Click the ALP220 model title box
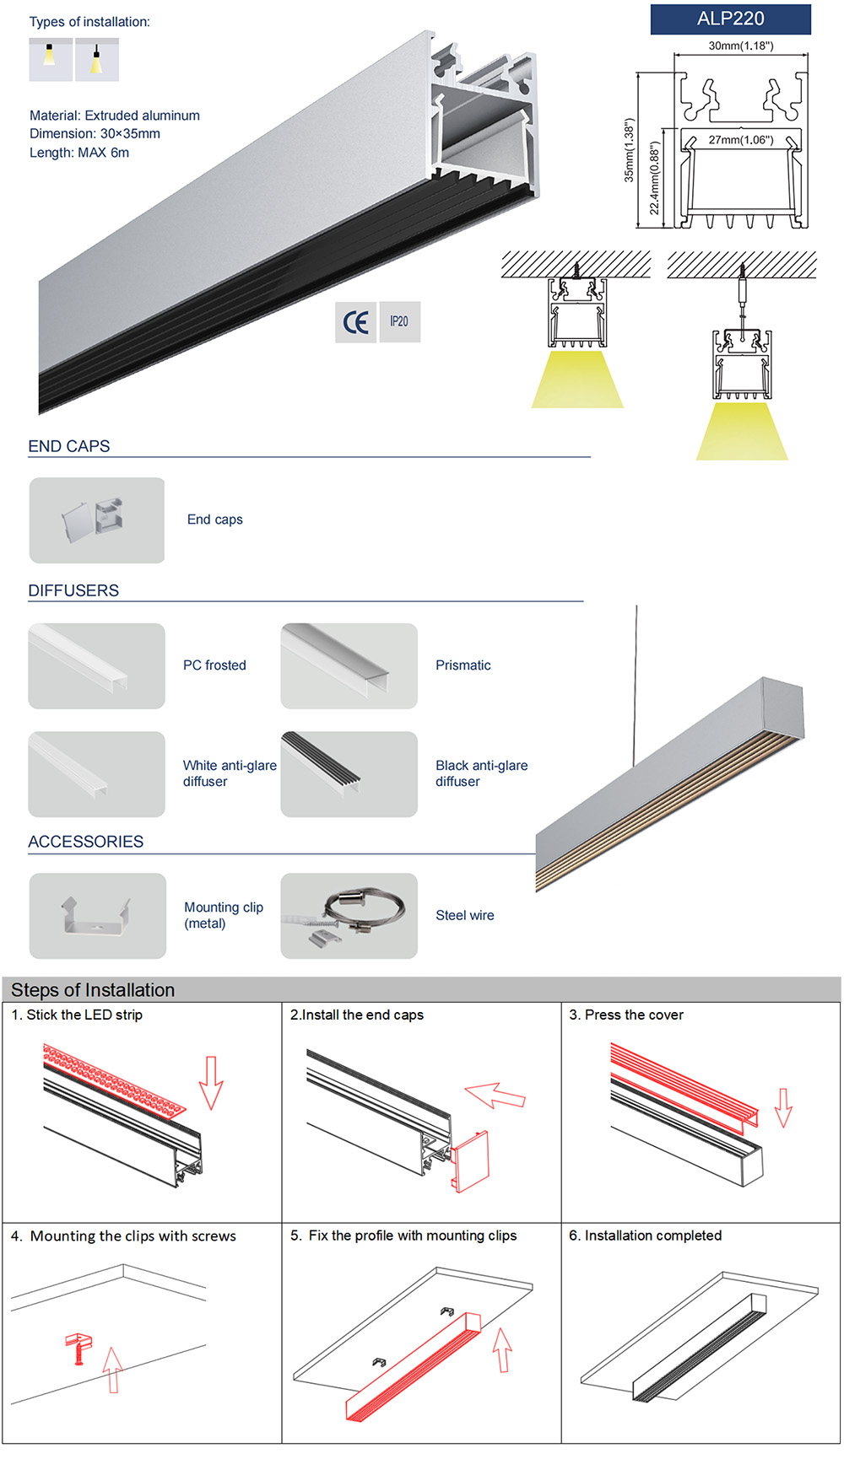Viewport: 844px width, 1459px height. pos(730,19)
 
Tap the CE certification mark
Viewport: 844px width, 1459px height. pos(355,322)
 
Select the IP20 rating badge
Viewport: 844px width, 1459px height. pos(399,322)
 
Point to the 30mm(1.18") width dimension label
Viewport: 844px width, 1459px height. pos(740,46)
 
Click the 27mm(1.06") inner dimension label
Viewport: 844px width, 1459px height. pos(740,140)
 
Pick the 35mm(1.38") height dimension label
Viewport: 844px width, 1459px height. pos(629,150)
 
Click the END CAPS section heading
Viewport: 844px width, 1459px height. pos(69,446)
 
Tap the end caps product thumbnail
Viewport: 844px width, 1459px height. pos(97,520)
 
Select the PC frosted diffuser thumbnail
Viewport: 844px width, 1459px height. pos(96,666)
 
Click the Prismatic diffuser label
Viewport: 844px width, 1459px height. pos(463,665)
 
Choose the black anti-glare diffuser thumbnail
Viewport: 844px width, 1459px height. pos(349,774)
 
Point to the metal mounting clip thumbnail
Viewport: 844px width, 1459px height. pos(97,916)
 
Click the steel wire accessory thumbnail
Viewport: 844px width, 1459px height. pos(349,916)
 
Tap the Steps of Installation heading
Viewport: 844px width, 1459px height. pos(93,990)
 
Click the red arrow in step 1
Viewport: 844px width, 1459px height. pos(211,1082)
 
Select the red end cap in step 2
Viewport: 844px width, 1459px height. pos(469,1161)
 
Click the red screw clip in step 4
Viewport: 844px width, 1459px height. pos(78,1348)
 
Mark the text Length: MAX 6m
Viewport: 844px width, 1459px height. pos(79,153)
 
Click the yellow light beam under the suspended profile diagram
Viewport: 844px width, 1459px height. pos(742,432)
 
